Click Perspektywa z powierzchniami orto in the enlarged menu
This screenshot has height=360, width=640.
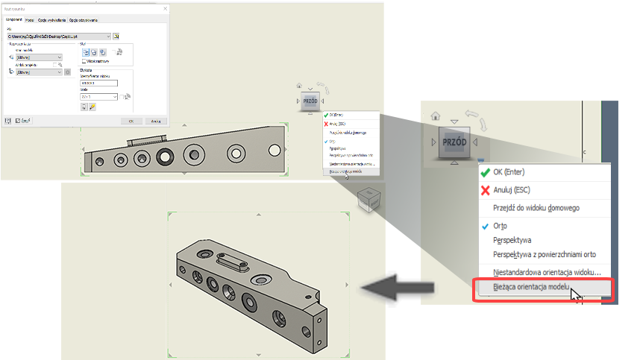point(548,254)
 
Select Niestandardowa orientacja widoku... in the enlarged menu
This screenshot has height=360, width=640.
point(551,273)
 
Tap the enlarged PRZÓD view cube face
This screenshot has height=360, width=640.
point(454,142)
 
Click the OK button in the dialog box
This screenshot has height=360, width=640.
point(131,119)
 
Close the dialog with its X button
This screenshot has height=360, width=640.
point(165,8)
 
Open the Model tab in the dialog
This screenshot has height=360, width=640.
point(29,19)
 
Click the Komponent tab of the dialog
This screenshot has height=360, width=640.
point(13,19)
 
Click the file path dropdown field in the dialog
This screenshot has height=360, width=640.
point(58,35)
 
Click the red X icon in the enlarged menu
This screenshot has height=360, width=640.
point(486,190)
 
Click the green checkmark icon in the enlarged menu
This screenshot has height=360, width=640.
point(486,172)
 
